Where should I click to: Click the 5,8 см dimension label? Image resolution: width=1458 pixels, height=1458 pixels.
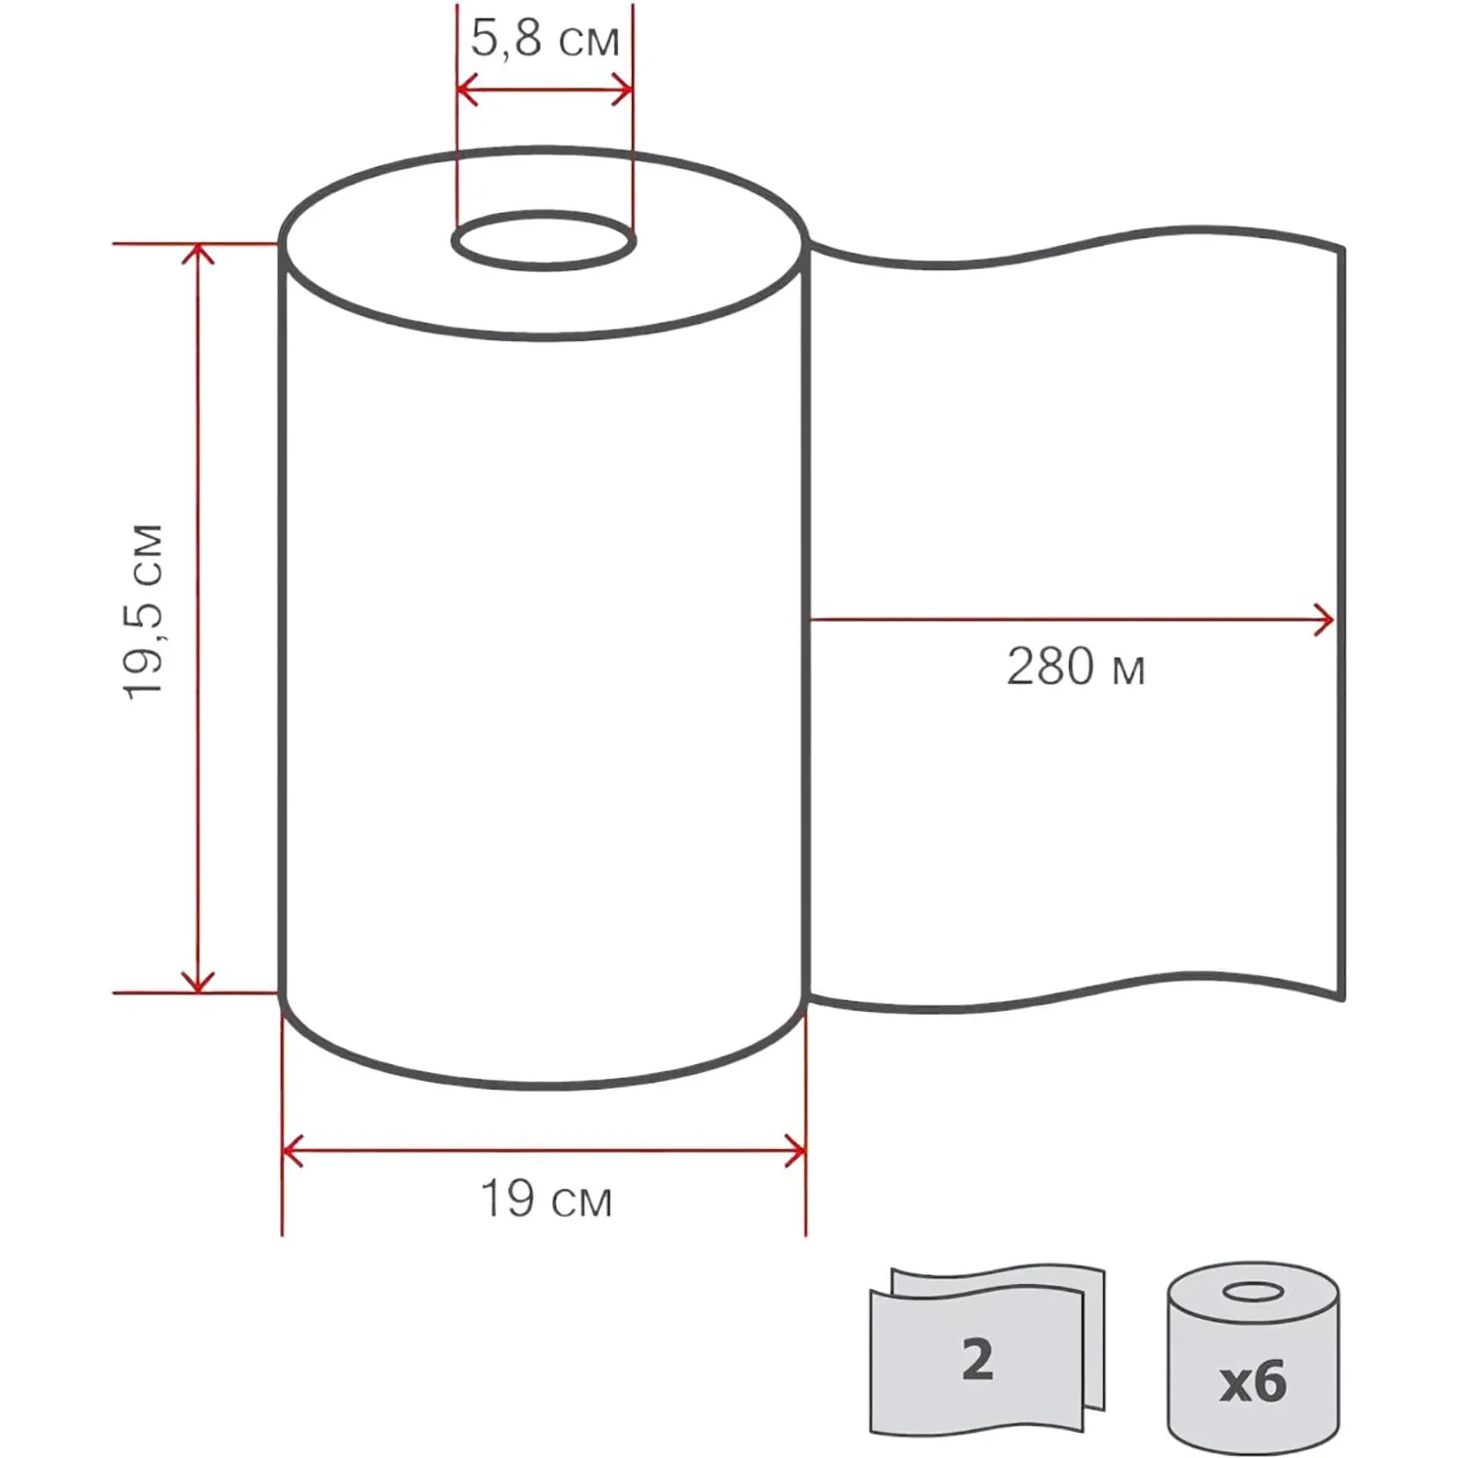[545, 39]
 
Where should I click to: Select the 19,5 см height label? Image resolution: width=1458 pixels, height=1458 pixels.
[144, 611]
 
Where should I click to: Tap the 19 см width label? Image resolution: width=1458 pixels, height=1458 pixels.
[546, 1198]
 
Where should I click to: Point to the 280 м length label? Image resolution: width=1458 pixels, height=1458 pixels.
[1076, 667]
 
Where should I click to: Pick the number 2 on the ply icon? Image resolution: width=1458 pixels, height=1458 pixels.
[978, 1359]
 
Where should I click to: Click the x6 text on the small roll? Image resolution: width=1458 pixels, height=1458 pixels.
[1253, 1381]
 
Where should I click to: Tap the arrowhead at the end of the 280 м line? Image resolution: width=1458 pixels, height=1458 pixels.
[1324, 619]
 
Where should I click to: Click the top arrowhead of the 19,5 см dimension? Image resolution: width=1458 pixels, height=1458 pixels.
[198, 254]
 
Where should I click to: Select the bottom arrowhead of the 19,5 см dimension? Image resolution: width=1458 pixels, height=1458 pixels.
[198, 982]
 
